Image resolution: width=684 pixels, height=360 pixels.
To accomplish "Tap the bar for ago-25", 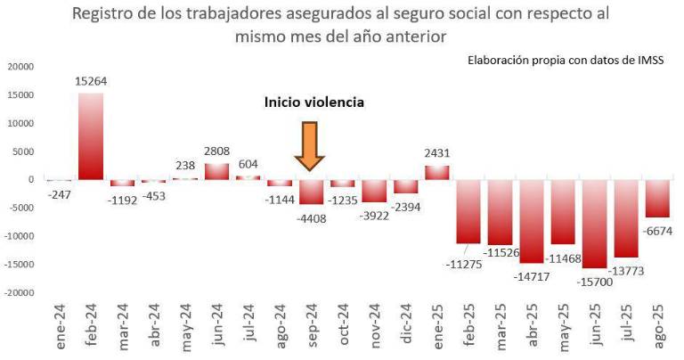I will pyautogui.click(x=657, y=198).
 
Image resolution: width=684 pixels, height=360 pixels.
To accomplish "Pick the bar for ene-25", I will pyautogui.click(x=436, y=172).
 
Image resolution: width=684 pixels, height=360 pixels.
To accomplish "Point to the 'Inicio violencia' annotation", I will pyautogui.click(x=313, y=102).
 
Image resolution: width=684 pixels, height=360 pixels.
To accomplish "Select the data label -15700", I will pyautogui.click(x=595, y=277).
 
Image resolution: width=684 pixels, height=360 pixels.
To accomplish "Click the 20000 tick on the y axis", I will pyautogui.click(x=20, y=67).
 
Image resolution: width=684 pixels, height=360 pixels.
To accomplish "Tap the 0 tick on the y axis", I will pyautogui.click(x=30, y=179).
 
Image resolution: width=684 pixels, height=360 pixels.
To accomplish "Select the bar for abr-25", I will pyautogui.click(x=532, y=221).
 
